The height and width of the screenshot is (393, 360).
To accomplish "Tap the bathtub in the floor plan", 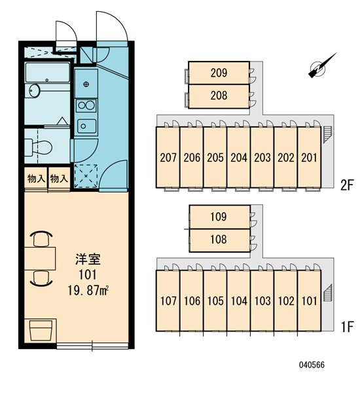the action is pyautogui.click(x=47, y=73).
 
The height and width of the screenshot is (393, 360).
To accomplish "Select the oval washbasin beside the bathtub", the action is pyautogui.click(x=34, y=90).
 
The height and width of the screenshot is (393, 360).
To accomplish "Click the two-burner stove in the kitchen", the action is pyautogui.click(x=86, y=105).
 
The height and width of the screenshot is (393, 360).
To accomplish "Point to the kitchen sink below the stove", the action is pyautogui.click(x=86, y=126).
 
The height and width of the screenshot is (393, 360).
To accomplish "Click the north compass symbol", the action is pyautogui.click(x=321, y=65).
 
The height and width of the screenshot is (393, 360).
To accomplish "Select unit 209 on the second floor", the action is pyautogui.click(x=219, y=73).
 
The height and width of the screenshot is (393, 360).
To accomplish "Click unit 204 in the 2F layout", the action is pyautogui.click(x=238, y=157).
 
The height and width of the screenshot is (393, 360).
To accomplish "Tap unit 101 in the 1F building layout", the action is pyautogui.click(x=309, y=301).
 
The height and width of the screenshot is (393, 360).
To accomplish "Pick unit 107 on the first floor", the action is pyautogui.click(x=168, y=301).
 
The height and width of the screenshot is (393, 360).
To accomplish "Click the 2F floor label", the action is pyautogui.click(x=347, y=185).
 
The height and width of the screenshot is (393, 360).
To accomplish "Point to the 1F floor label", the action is pyautogui.click(x=347, y=327).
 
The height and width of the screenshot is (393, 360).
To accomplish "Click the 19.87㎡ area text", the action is pyautogui.click(x=88, y=291).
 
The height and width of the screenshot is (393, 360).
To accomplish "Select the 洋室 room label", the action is pyautogui.click(x=88, y=259).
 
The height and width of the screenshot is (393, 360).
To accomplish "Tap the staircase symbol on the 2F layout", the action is pyautogui.click(x=327, y=134).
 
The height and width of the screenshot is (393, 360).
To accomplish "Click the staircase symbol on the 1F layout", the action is pyautogui.click(x=327, y=293).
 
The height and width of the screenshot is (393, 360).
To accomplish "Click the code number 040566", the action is pyautogui.click(x=312, y=365).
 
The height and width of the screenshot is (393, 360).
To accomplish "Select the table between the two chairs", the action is pyautogui.click(x=40, y=259).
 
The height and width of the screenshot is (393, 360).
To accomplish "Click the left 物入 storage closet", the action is pyautogui.click(x=36, y=179).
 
